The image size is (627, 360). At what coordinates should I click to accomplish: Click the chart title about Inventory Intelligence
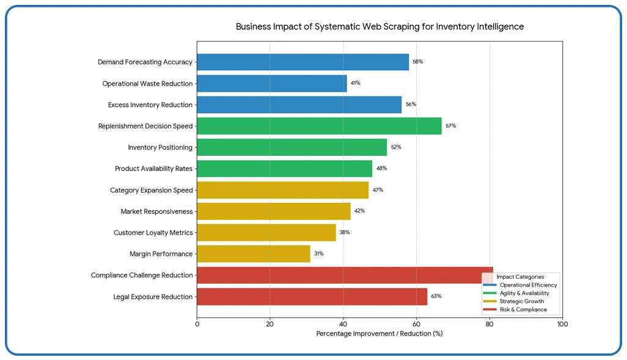(x=380, y=27)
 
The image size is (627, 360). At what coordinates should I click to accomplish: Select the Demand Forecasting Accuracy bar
(x=302, y=62)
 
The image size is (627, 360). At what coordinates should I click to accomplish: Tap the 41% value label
(x=355, y=83)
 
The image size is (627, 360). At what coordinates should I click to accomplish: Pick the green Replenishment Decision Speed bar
(x=319, y=126)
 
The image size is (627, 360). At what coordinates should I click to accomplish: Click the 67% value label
(x=450, y=126)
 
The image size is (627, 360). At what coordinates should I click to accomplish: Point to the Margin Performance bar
(x=253, y=254)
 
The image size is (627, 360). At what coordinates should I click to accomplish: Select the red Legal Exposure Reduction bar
(x=312, y=296)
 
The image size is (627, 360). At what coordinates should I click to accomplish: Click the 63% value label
(x=436, y=296)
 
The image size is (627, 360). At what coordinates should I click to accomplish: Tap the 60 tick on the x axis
(x=416, y=324)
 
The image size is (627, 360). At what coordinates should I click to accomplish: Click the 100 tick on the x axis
(x=562, y=324)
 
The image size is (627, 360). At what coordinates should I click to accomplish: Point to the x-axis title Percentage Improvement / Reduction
(x=379, y=334)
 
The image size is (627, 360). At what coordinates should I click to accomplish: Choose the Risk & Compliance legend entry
(x=522, y=310)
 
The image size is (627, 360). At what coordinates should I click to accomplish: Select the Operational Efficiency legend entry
(x=527, y=285)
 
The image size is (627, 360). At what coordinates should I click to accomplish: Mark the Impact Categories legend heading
(x=520, y=277)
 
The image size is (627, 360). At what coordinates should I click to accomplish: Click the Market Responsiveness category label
(x=156, y=211)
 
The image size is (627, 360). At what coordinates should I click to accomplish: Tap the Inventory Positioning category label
(x=159, y=147)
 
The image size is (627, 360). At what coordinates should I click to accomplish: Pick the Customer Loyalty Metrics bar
(x=266, y=232)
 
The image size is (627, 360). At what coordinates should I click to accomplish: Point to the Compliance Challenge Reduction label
(x=141, y=275)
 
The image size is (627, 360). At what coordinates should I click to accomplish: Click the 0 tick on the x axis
(x=197, y=324)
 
